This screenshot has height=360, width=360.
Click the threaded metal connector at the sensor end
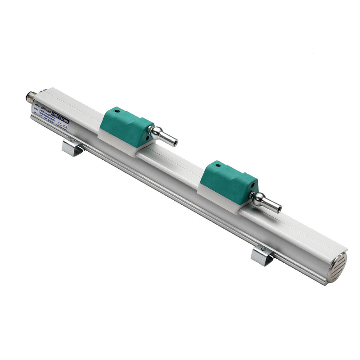tap(30, 97)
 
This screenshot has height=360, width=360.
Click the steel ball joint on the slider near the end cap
tap(260, 196)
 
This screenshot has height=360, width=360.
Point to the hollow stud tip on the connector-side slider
tap(173, 142)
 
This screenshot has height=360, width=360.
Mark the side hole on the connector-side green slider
tap(148, 127)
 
